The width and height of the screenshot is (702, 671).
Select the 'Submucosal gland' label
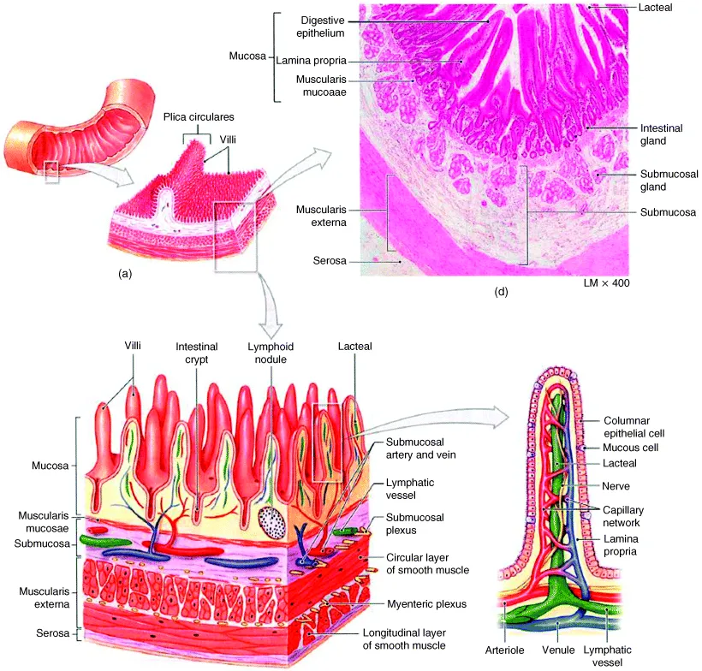coord(669,181)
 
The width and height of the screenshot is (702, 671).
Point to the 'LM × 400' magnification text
coord(604,282)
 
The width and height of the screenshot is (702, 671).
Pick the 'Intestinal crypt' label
coord(197,353)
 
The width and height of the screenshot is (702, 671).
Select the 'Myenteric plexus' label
coord(426,603)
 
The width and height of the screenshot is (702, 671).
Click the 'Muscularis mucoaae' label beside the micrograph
coord(309,86)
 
